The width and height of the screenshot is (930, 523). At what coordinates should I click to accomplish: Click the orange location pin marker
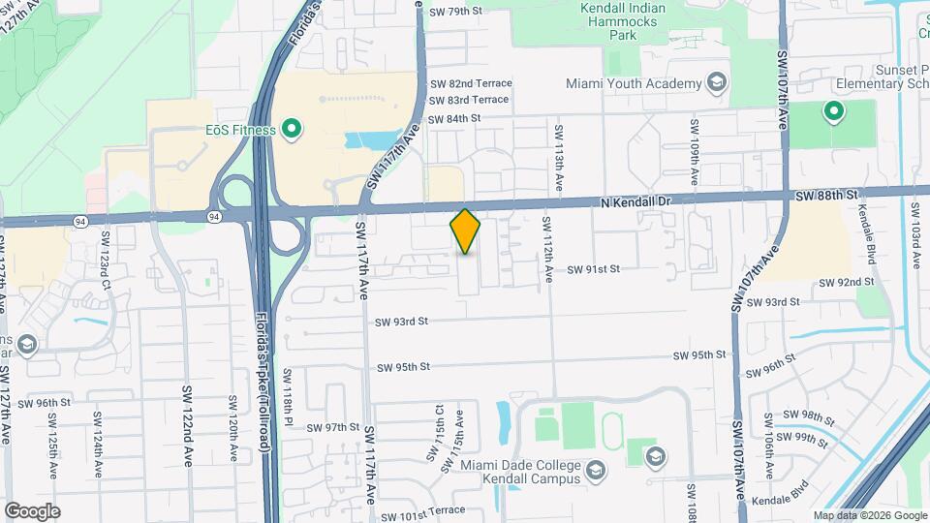pos(466,231)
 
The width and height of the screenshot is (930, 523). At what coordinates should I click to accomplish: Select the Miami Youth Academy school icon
pos(716,83)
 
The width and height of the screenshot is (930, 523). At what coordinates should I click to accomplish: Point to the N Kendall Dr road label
pos(635,200)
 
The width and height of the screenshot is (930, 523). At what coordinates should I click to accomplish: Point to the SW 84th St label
pos(455,118)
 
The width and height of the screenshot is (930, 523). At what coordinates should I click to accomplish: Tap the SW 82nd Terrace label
pos(471,83)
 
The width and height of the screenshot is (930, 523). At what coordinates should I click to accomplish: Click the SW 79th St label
pos(455,12)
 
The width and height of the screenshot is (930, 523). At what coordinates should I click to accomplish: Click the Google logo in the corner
pos(31,510)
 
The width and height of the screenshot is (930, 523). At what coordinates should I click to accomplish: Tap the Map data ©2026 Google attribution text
pos(869,515)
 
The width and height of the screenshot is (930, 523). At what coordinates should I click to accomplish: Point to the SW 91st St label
pos(592,269)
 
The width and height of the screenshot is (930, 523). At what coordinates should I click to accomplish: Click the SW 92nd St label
pos(846,282)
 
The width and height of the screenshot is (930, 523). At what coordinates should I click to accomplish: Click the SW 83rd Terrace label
pos(470,100)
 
